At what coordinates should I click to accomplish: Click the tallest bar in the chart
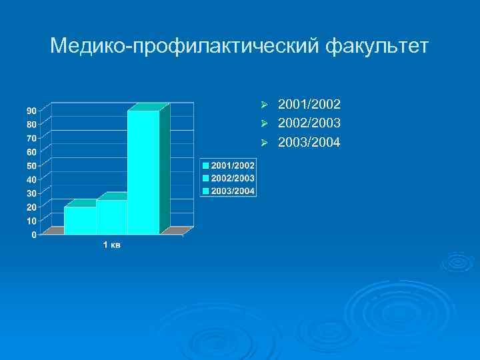[x=143, y=172]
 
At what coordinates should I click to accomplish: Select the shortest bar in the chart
[x=80, y=220]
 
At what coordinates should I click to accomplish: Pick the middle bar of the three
[x=111, y=217]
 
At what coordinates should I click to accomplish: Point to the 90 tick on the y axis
[x=31, y=110]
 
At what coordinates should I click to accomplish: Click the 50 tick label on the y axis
[x=31, y=165]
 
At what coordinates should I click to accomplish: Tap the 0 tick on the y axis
[x=34, y=235]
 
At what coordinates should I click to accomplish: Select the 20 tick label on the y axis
[x=31, y=207]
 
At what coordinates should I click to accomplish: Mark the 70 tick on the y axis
[x=31, y=138]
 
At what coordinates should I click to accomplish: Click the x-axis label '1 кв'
[x=111, y=246]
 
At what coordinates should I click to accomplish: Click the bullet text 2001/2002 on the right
[x=309, y=105]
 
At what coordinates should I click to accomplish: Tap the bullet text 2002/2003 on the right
[x=309, y=123]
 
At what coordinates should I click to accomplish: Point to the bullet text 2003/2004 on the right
[x=309, y=143]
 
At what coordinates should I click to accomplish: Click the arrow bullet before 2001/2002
[x=264, y=105]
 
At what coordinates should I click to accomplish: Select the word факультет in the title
[x=377, y=47]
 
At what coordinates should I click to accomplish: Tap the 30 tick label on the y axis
[x=31, y=193]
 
